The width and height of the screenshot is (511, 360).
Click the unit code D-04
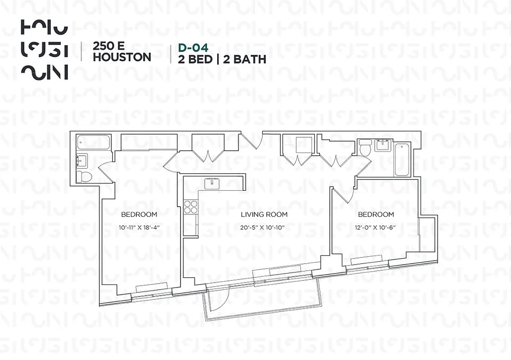(x=194, y=47)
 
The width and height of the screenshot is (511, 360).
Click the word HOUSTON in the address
(x=121, y=57)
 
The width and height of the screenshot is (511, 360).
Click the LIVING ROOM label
(x=264, y=215)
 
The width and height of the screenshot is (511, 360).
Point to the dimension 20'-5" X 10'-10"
(x=264, y=227)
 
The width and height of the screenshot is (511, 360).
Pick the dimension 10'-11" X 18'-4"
(x=139, y=227)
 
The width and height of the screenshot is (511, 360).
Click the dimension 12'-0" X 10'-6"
(x=376, y=227)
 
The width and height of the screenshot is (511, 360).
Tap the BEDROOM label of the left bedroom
(x=139, y=215)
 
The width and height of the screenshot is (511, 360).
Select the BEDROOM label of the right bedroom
(x=376, y=215)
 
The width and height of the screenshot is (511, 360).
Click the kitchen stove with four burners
(x=191, y=207)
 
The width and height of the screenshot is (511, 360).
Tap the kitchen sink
(x=211, y=183)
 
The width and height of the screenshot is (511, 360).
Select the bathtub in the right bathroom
(x=401, y=160)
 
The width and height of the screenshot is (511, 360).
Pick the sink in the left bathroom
(x=82, y=160)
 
